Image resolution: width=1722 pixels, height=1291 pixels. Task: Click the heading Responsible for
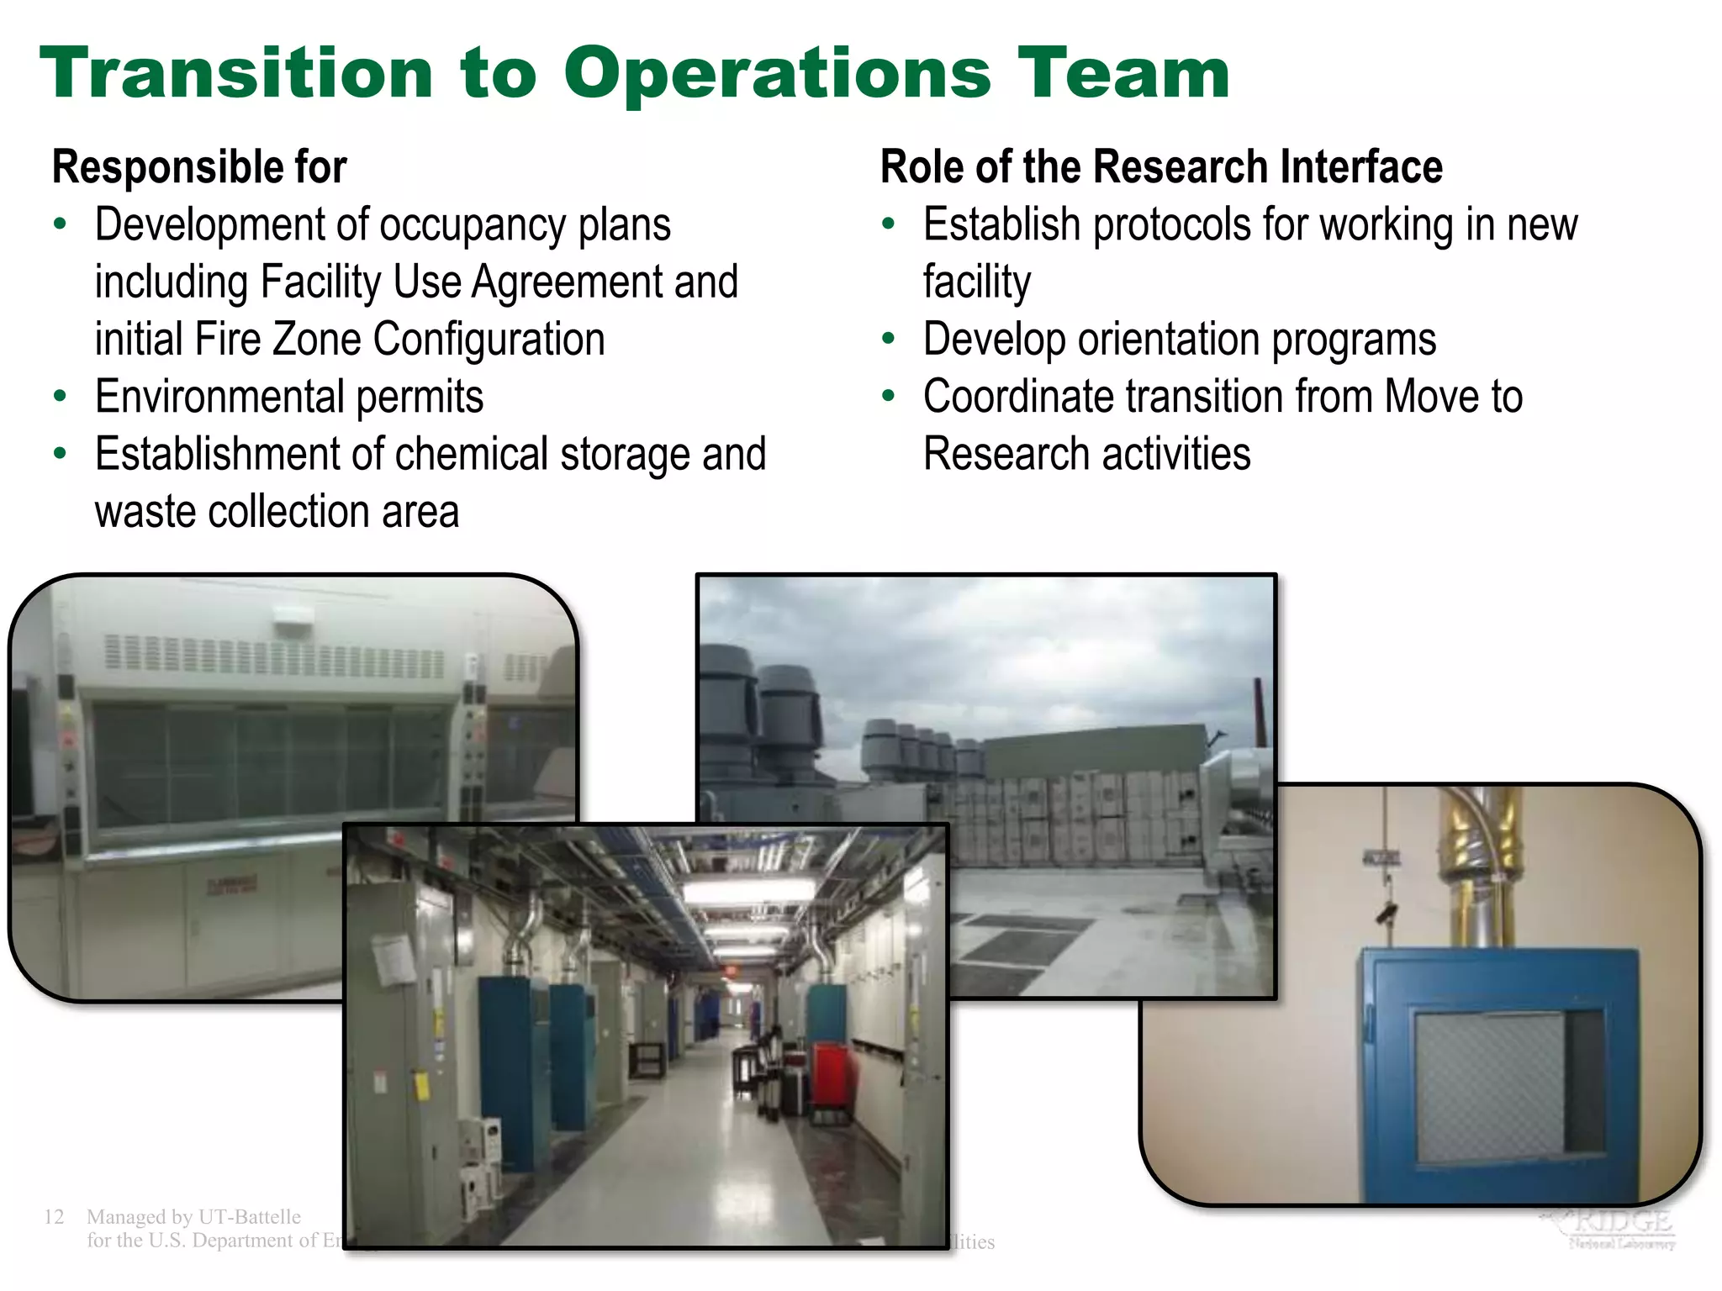(199, 166)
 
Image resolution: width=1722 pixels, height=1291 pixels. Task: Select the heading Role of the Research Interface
(1161, 166)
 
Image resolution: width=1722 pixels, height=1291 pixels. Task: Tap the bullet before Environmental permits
(60, 396)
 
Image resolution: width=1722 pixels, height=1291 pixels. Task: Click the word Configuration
(489, 340)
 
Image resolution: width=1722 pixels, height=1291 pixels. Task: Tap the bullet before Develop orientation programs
(889, 339)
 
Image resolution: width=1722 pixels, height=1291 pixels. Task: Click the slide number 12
(54, 1216)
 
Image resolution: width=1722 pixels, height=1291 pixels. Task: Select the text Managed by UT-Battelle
(193, 1216)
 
